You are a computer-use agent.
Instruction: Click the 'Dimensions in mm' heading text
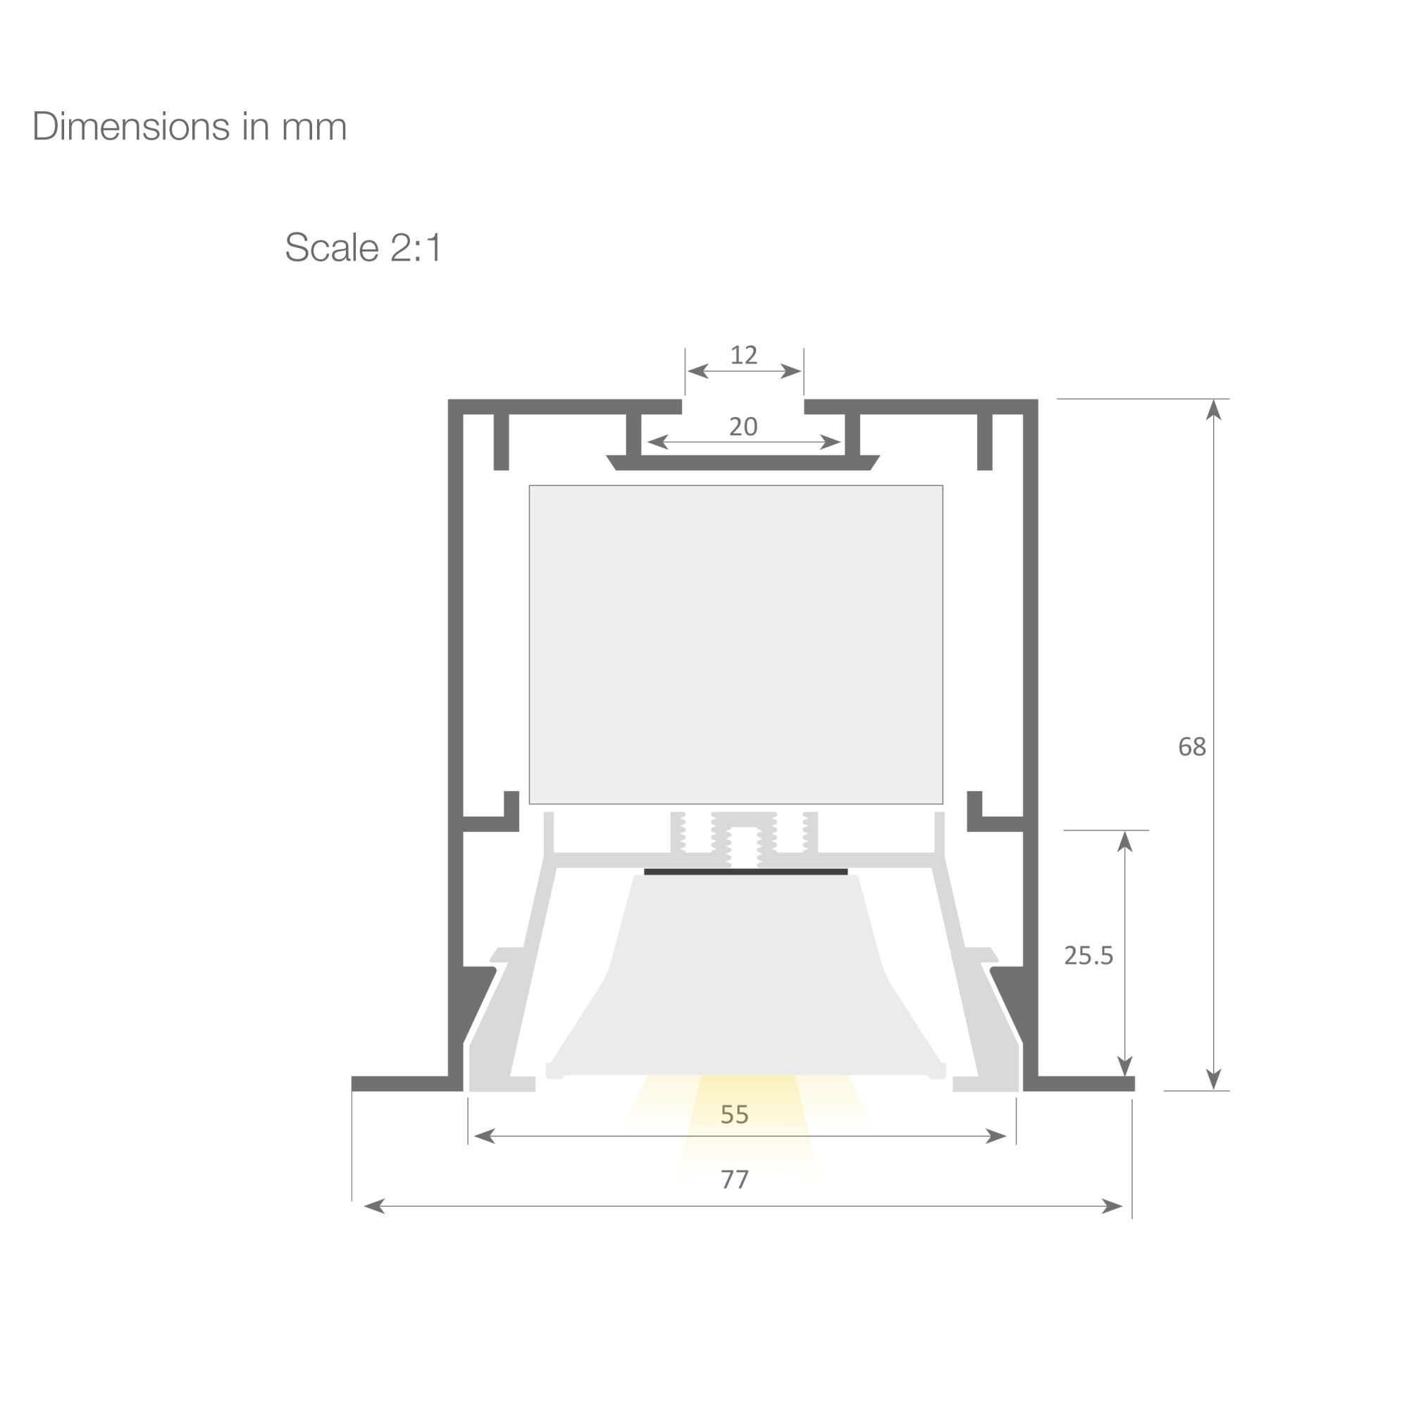click(x=190, y=126)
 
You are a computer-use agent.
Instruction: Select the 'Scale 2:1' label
click(x=364, y=247)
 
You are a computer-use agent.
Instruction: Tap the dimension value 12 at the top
click(x=744, y=355)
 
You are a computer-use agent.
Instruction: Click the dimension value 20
click(x=743, y=427)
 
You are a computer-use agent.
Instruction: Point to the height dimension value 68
click(x=1193, y=747)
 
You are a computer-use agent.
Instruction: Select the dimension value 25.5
click(x=1089, y=955)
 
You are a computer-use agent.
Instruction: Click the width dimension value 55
click(x=734, y=1115)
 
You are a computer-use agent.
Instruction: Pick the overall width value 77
click(x=734, y=1179)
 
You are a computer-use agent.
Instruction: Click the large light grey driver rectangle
click(x=736, y=645)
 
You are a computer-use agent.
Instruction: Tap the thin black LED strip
click(x=745, y=871)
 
